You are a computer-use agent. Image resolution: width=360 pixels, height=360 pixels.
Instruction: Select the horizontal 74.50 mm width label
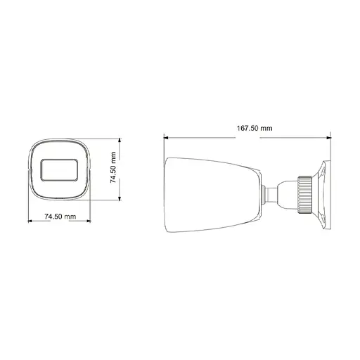coord(60,217)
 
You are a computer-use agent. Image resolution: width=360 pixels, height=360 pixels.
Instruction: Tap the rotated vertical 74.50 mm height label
coord(112,169)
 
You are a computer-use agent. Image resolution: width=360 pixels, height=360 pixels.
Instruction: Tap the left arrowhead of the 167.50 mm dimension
coord(166,136)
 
